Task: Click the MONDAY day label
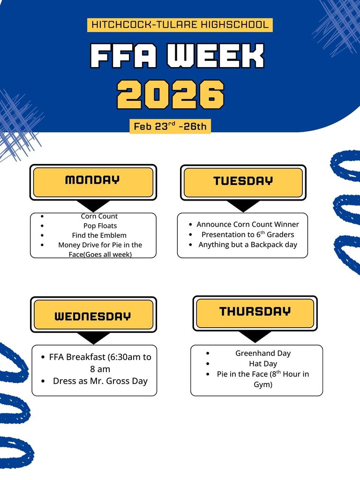pyautogui.click(x=93, y=180)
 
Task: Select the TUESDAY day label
pyautogui.click(x=243, y=181)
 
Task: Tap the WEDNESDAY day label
pyautogui.click(x=93, y=315)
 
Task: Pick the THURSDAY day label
pyautogui.click(x=255, y=311)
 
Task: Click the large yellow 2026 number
pyautogui.click(x=171, y=95)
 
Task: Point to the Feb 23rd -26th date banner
pyautogui.click(x=170, y=126)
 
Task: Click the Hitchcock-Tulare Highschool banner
pyautogui.click(x=180, y=25)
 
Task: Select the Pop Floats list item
pyautogui.click(x=99, y=226)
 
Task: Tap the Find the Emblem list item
pyautogui.click(x=99, y=235)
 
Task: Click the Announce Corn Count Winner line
pyautogui.click(x=247, y=225)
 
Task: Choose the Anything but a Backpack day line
pyautogui.click(x=247, y=245)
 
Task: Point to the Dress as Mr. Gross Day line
pyautogui.click(x=100, y=381)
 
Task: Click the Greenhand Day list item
pyautogui.click(x=263, y=353)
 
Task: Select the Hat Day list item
pyautogui.click(x=263, y=364)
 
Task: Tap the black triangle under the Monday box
pyautogui.click(x=93, y=205)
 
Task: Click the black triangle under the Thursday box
pyautogui.click(x=255, y=336)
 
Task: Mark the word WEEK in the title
pyautogui.click(x=216, y=57)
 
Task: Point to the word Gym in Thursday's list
pyautogui.click(x=263, y=385)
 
